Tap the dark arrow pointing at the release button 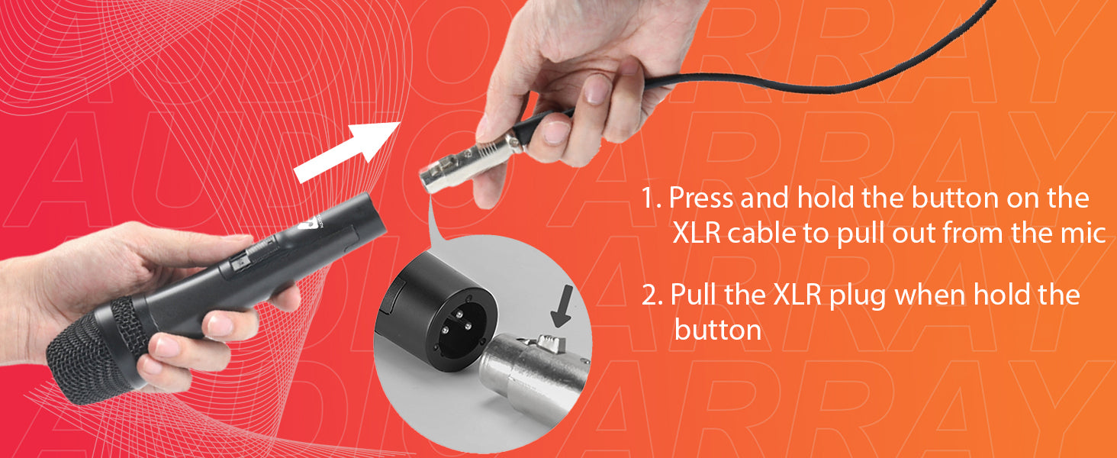click(563, 308)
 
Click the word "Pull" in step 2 click(694, 295)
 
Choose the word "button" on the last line click(718, 330)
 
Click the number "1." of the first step click(651, 198)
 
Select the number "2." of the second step click(652, 295)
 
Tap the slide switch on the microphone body click(243, 261)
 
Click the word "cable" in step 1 click(761, 233)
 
